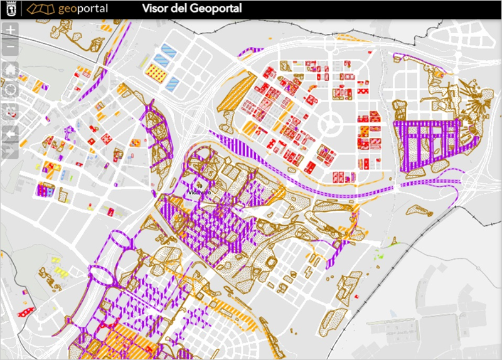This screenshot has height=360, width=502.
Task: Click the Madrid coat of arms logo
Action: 11,8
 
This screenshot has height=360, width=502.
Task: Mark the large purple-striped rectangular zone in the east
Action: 427,142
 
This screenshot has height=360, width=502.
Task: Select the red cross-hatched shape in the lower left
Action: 24,312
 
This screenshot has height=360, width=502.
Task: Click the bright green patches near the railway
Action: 378,257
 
